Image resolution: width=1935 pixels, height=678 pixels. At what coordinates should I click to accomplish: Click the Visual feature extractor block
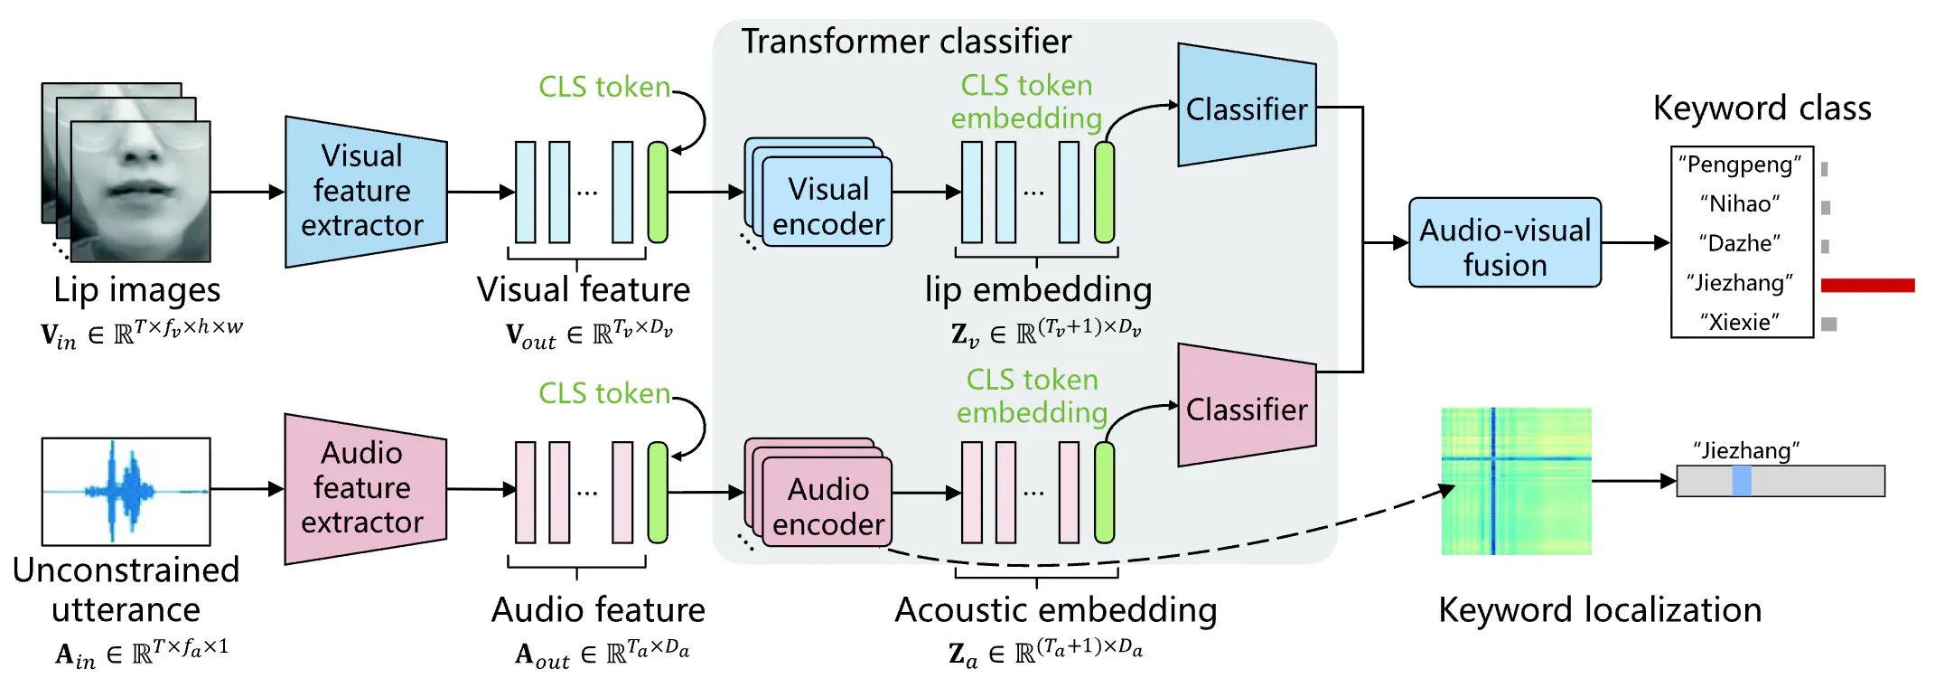coord(365,192)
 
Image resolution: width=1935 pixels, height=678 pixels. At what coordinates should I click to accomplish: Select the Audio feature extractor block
coord(365,489)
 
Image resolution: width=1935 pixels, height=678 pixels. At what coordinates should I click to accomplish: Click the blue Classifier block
coord(1246,108)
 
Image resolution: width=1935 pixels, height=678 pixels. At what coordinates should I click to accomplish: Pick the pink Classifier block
coord(1246,409)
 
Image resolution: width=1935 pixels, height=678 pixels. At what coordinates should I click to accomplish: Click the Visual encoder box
coord(827,206)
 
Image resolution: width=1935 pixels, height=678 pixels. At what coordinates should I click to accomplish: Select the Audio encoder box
coord(827,506)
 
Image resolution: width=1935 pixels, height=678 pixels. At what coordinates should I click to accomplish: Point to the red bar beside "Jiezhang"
coord(1866,286)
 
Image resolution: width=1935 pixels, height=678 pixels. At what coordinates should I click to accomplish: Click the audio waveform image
coord(126,491)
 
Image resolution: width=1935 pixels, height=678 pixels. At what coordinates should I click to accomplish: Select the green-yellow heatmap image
coord(1515,481)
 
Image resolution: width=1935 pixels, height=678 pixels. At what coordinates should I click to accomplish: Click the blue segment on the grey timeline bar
coord(1741,481)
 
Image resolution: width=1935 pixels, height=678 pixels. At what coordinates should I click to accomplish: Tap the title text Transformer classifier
coord(905,42)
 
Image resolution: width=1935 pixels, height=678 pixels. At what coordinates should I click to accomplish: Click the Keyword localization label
coord(1599,610)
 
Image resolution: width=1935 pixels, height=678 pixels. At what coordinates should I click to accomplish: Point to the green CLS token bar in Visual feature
coord(658,193)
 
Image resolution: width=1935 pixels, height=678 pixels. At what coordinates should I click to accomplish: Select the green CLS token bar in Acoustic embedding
coord(1104,493)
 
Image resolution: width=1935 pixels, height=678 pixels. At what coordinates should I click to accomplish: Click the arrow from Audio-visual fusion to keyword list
coord(1635,243)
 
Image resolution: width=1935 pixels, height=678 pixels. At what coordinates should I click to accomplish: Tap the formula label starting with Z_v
coord(1045,334)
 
